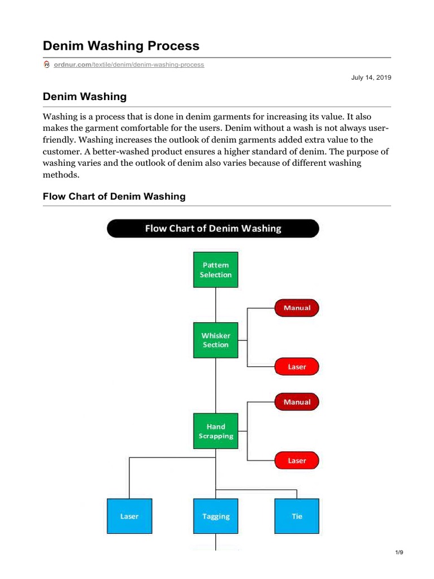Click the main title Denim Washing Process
pyautogui.click(x=121, y=45)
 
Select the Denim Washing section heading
pyautogui.click(x=85, y=97)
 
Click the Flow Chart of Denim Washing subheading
pyautogui.click(x=114, y=196)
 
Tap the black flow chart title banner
pyautogui.click(x=213, y=228)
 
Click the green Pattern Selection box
pyautogui.click(x=215, y=270)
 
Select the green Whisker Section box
pyautogui.click(x=215, y=340)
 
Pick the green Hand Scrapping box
pyautogui.click(x=215, y=431)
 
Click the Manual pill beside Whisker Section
pyautogui.click(x=297, y=308)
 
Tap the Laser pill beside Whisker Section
pyautogui.click(x=297, y=366)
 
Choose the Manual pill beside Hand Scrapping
pyautogui.click(x=297, y=402)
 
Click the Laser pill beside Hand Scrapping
pyautogui.click(x=297, y=460)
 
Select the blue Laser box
pyautogui.click(x=129, y=516)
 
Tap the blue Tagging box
pyautogui.click(x=215, y=516)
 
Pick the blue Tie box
pyautogui.click(x=297, y=516)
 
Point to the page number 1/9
pyautogui.click(x=399, y=552)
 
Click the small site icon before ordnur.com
pyautogui.click(x=47, y=65)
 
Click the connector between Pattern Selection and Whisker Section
pyautogui.click(x=215, y=305)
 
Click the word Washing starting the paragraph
pyautogui.click(x=62, y=116)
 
